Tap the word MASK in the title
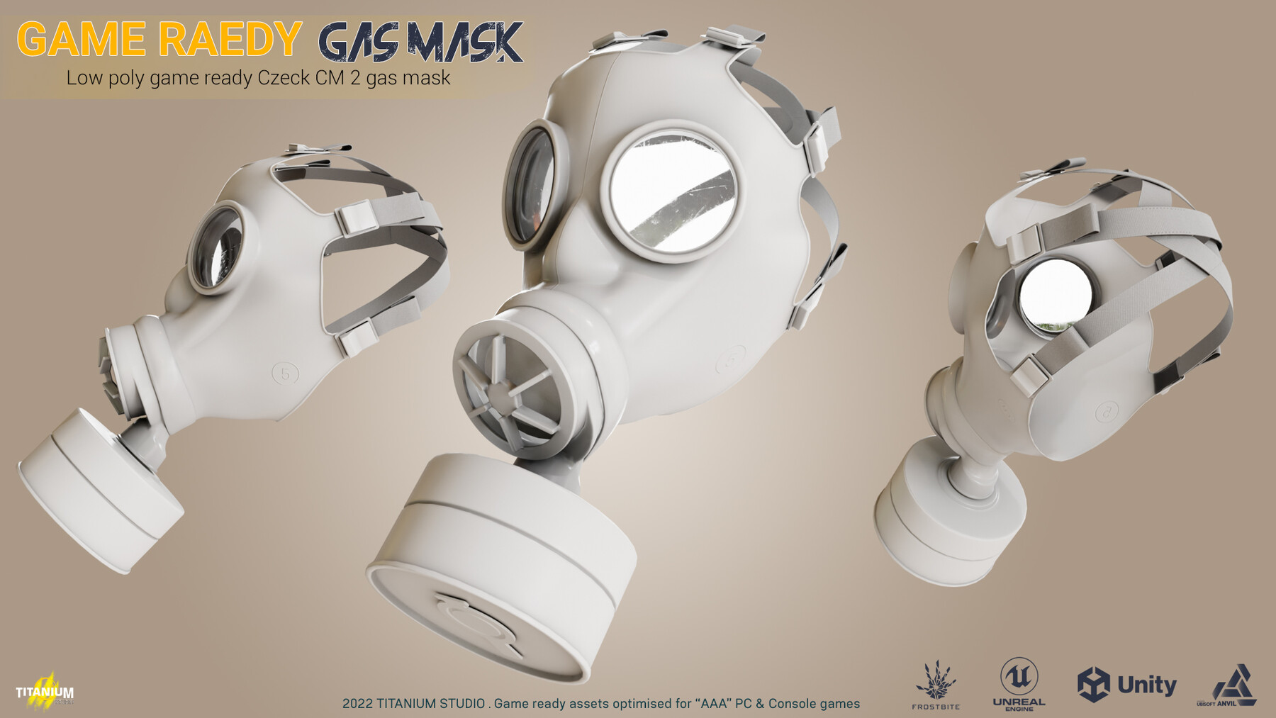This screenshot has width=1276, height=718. pyautogui.click(x=464, y=43)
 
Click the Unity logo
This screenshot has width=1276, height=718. pyautogui.click(x=1126, y=685)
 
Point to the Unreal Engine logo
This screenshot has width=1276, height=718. pyautogui.click(x=1019, y=683)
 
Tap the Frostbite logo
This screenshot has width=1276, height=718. pyautogui.click(x=936, y=685)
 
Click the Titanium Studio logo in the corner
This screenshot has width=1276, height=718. pyautogui.click(x=45, y=690)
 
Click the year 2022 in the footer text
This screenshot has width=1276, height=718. pyautogui.click(x=357, y=704)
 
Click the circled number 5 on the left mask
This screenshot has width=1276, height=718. pyautogui.click(x=285, y=373)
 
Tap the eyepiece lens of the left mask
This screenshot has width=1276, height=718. pyautogui.click(x=218, y=247)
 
